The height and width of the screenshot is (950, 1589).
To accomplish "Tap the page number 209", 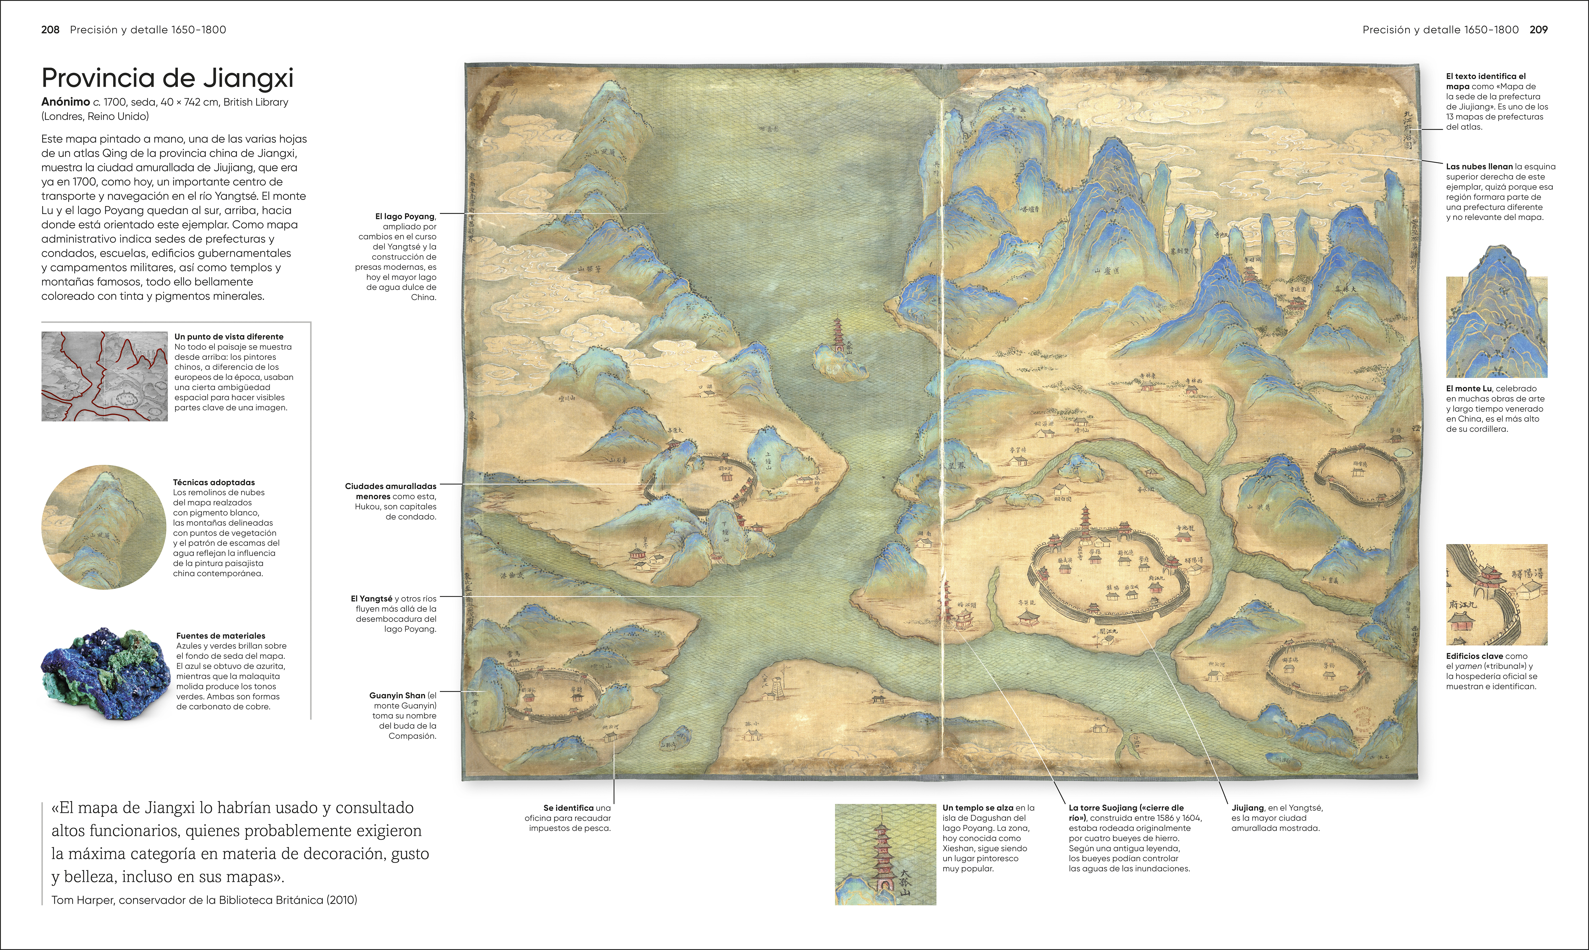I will pos(1538,29).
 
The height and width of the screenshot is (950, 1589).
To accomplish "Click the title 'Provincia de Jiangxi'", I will pos(167,78).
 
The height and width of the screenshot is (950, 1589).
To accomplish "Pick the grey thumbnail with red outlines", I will pos(104,376).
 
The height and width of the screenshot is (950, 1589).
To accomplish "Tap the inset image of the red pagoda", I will pos(885,854).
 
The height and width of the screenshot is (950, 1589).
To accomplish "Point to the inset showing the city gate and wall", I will pos(1496,595).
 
